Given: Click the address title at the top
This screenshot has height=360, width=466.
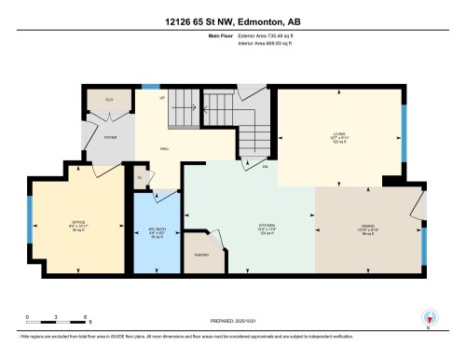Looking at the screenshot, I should (x=233, y=21).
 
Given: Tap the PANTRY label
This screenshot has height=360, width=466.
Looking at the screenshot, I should (x=201, y=256).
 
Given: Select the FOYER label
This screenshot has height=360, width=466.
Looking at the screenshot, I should (x=110, y=137).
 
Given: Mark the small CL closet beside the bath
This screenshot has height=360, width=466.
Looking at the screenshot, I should (x=140, y=176).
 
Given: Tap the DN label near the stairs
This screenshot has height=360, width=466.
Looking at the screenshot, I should (x=264, y=168).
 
